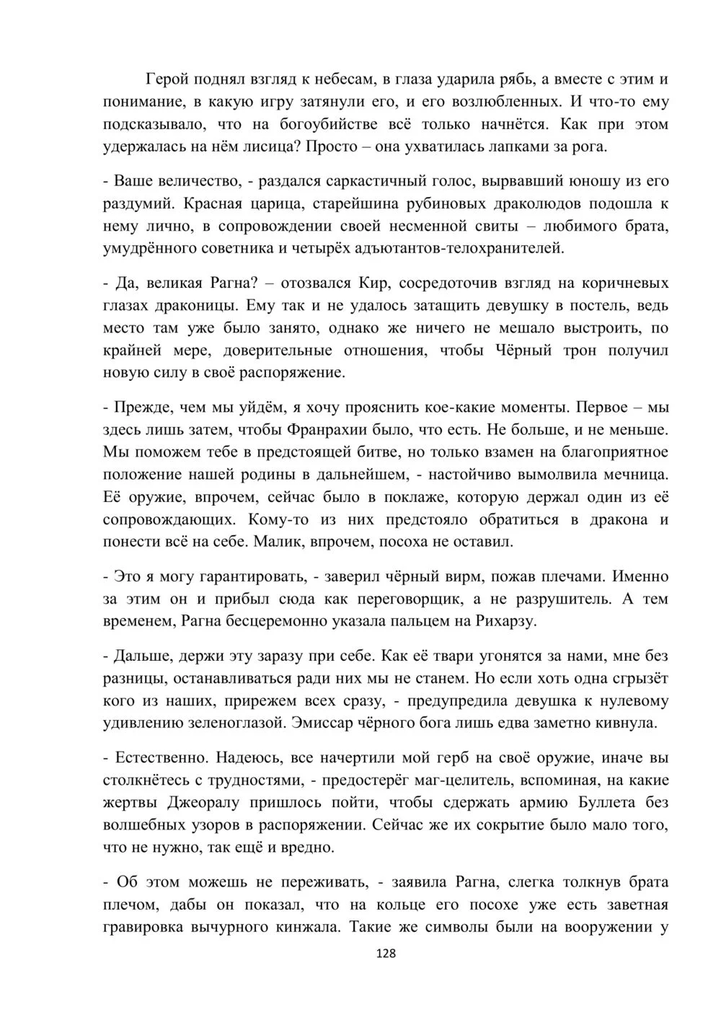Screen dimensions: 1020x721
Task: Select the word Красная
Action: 212,203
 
